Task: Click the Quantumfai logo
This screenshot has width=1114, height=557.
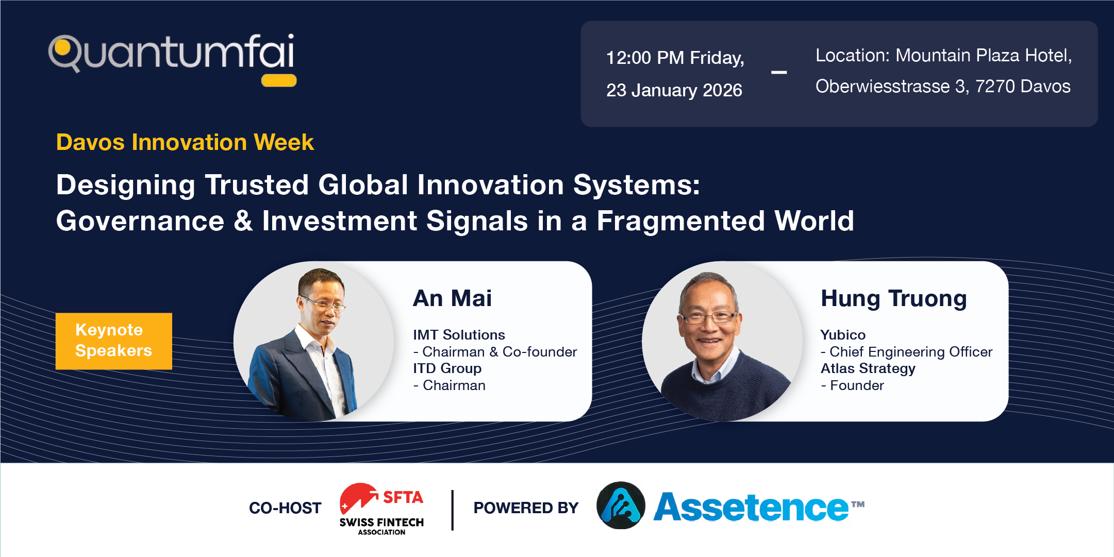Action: tap(172, 58)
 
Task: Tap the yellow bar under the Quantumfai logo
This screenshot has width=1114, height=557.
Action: tap(279, 80)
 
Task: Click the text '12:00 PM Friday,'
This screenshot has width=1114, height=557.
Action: tap(675, 58)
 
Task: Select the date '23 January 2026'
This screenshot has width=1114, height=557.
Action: tap(674, 90)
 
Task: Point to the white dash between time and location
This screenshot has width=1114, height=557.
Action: tap(779, 73)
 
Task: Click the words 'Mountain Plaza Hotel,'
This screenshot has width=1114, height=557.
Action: tap(984, 55)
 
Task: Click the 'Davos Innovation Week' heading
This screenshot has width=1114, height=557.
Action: tap(185, 142)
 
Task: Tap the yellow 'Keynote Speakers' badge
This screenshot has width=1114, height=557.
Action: tap(114, 341)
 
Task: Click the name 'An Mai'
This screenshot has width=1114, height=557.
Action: tap(452, 298)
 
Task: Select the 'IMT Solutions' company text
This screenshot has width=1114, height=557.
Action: tap(459, 335)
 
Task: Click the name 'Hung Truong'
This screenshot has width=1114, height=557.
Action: tap(894, 299)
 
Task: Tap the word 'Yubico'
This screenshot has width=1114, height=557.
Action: tap(843, 335)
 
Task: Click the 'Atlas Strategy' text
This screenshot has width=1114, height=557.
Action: tap(868, 368)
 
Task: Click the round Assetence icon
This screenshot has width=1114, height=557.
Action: tap(621, 505)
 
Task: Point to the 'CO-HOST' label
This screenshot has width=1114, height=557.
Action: tap(285, 508)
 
